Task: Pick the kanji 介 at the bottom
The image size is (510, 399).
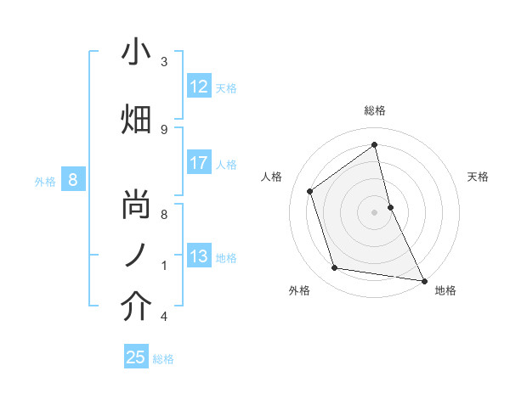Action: pyautogui.click(x=136, y=306)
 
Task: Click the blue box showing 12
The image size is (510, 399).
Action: pyautogui.click(x=199, y=87)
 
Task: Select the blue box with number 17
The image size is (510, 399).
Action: pyautogui.click(x=199, y=163)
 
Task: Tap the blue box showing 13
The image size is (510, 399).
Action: pyautogui.click(x=199, y=256)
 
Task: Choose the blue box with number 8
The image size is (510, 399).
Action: pyautogui.click(x=73, y=179)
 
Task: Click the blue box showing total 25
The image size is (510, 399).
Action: pyautogui.click(x=136, y=357)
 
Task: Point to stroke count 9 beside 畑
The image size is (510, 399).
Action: pyautogui.click(x=164, y=129)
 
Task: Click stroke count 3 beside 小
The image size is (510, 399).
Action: pyautogui.click(x=164, y=61)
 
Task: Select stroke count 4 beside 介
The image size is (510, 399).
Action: pyautogui.click(x=164, y=317)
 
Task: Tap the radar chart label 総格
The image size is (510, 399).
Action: pyautogui.click(x=375, y=110)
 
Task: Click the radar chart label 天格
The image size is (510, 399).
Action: pyautogui.click(x=478, y=177)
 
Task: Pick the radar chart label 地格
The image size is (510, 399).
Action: pyautogui.click(x=445, y=290)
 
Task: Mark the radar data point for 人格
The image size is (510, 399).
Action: pyautogui.click(x=309, y=191)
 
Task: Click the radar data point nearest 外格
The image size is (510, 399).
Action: pyautogui.click(x=335, y=268)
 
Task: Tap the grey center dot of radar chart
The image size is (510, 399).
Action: pyautogui.click(x=375, y=211)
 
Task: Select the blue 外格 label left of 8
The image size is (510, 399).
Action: pyautogui.click(x=44, y=180)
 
